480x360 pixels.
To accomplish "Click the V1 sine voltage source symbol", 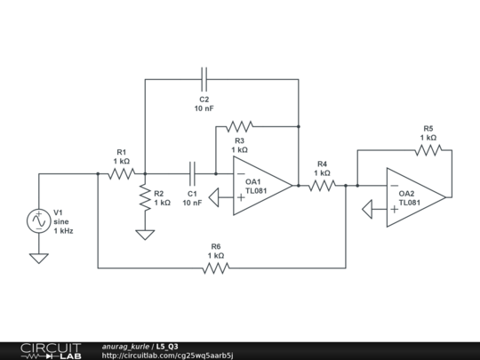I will point(39,220).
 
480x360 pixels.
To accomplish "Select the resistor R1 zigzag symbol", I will point(121,173).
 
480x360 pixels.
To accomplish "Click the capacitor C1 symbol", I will point(192,173).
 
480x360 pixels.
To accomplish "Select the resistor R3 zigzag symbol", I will point(239,125).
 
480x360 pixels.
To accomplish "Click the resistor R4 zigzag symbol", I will point(321,186).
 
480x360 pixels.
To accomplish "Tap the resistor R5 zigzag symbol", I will point(428,149).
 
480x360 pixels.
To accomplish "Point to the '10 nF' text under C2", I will point(204,108).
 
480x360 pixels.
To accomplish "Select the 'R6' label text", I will point(216,246).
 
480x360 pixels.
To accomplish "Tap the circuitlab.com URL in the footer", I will point(167,355).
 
